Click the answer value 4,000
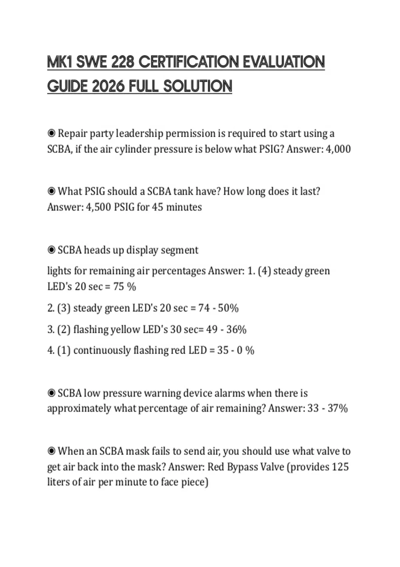pos(338,149)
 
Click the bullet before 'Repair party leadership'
pos(51,133)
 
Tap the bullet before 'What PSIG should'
pos(51,191)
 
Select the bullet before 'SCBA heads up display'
pos(51,250)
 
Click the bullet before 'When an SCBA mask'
pos(51,451)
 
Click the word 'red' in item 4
pos(178,350)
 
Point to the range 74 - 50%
pos(218,308)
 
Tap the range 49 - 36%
pos(226,330)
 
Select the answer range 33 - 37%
pos(328,408)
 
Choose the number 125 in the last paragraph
pos(340,467)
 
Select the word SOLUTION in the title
pos(198,86)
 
